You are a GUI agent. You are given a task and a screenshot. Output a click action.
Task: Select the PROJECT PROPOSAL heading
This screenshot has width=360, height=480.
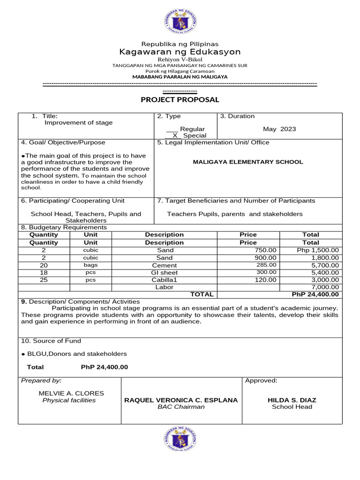click(180, 99)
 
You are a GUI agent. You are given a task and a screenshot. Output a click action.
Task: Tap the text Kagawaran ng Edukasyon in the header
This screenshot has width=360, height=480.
click(180, 52)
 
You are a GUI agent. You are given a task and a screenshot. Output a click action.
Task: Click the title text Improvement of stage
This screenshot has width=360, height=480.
click(78, 123)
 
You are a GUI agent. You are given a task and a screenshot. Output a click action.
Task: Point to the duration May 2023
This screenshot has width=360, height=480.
click(279, 129)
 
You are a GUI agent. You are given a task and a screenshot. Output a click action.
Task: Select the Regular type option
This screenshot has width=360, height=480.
click(192, 129)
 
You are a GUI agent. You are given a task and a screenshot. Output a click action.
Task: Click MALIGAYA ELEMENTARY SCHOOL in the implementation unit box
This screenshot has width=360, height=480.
click(248, 162)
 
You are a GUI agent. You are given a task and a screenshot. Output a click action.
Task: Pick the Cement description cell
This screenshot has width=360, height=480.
click(164, 265)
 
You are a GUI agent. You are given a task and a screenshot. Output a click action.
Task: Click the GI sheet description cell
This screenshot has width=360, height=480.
click(164, 272)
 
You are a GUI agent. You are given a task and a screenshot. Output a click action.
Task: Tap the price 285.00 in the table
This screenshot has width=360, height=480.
click(266, 265)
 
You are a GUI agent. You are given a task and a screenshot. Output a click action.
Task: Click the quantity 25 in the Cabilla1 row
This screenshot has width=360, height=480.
click(44, 280)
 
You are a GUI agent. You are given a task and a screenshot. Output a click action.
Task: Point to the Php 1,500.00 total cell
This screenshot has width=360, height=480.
click(317, 250)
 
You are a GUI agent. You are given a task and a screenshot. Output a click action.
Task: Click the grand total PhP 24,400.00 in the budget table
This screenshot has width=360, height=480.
click(315, 294)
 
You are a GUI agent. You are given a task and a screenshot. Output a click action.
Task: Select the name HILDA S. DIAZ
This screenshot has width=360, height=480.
click(292, 400)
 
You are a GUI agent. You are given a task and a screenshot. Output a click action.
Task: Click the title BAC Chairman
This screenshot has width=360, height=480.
click(181, 407)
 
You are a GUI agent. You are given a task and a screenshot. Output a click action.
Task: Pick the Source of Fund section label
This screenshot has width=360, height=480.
click(51, 341)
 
